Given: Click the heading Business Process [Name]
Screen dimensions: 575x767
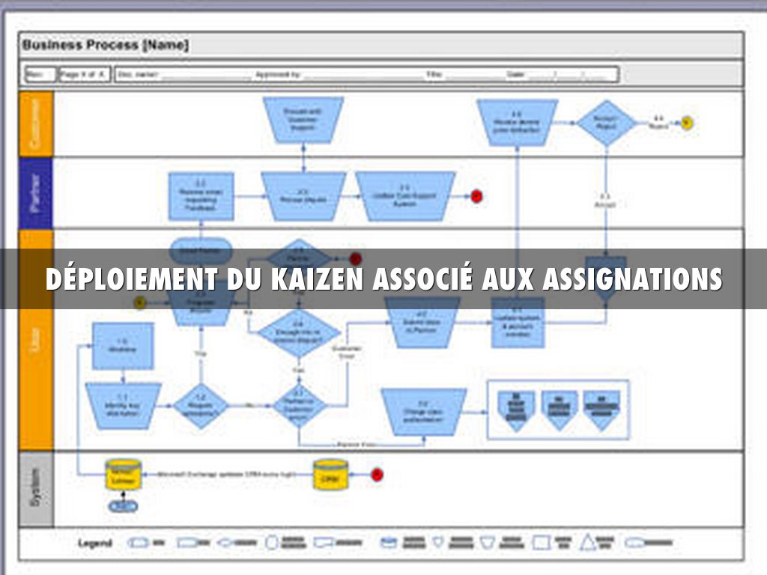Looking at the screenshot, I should click(106, 45).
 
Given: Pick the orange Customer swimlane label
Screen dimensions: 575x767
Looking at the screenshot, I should click(36, 124).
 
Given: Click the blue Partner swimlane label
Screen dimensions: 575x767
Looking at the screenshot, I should click(36, 192).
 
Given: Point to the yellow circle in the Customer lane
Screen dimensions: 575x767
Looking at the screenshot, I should click(686, 122).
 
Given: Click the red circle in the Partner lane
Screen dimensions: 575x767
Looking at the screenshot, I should click(476, 196).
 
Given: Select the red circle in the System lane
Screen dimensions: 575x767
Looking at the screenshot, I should click(377, 474).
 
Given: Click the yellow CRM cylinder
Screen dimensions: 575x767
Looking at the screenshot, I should click(330, 475).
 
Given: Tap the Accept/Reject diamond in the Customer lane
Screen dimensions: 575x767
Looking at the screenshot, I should click(605, 123).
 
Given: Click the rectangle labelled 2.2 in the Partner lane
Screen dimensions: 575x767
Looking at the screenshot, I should click(201, 196).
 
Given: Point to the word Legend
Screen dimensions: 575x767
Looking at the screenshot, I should click(95, 543).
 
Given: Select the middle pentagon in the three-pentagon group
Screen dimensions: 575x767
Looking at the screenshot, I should click(559, 409).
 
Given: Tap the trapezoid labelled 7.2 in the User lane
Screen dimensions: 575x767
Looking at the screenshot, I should click(424, 412).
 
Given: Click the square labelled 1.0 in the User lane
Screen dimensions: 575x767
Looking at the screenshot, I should click(123, 346).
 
